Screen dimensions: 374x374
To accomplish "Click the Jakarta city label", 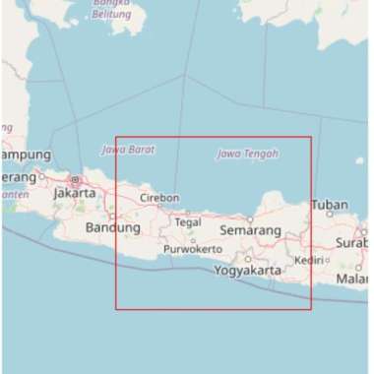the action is click(x=75, y=193).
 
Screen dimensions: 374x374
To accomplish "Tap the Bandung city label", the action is click(x=114, y=227).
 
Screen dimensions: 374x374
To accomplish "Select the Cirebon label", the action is click(x=159, y=198).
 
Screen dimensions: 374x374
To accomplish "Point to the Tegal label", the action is click(x=187, y=222).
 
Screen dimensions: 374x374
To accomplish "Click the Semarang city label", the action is click(x=251, y=230).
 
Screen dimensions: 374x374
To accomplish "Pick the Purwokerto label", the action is click(x=193, y=249).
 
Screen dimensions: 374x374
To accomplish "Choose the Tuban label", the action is click(x=329, y=206).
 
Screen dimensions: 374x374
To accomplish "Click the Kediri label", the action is click(x=309, y=261).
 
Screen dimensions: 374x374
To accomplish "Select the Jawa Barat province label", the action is click(x=128, y=150).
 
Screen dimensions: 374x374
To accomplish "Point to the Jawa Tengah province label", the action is click(x=247, y=154).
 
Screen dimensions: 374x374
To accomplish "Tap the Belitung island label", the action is click(x=110, y=15).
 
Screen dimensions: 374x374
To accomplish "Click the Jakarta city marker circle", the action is click(x=75, y=180).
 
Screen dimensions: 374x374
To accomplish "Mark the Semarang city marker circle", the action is click(x=250, y=218).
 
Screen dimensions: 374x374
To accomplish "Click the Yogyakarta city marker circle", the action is click(x=248, y=259).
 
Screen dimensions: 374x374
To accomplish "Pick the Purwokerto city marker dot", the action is click(x=193, y=240).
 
